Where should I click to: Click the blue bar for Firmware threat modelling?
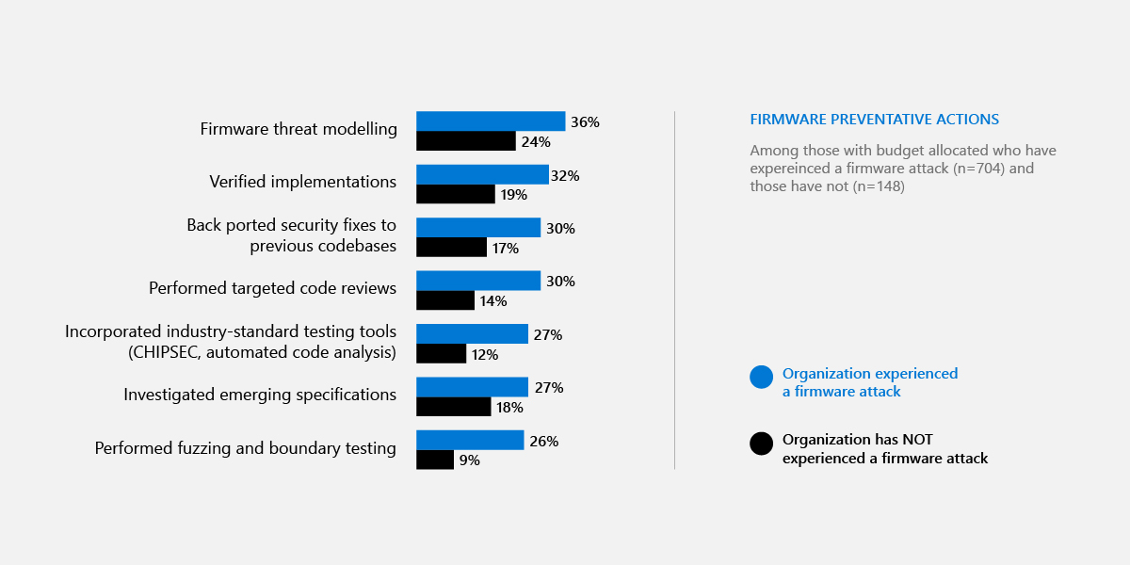click(491, 121)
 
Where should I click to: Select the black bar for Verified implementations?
click(456, 194)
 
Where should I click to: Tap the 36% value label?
click(585, 122)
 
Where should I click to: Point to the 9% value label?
click(469, 460)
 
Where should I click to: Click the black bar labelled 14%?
click(445, 300)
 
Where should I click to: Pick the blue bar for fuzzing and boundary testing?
click(470, 440)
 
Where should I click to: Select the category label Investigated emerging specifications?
click(260, 395)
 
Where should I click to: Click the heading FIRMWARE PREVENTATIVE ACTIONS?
click(874, 120)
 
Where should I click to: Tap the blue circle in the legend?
click(761, 377)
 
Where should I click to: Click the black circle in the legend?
click(761, 444)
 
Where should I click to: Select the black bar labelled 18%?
click(453, 407)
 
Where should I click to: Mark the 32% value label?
click(566, 176)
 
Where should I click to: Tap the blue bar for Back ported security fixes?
click(478, 228)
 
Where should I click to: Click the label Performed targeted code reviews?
click(272, 288)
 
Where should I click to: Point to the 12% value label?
click(484, 355)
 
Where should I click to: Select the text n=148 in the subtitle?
click(876, 186)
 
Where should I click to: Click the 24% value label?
click(536, 142)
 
